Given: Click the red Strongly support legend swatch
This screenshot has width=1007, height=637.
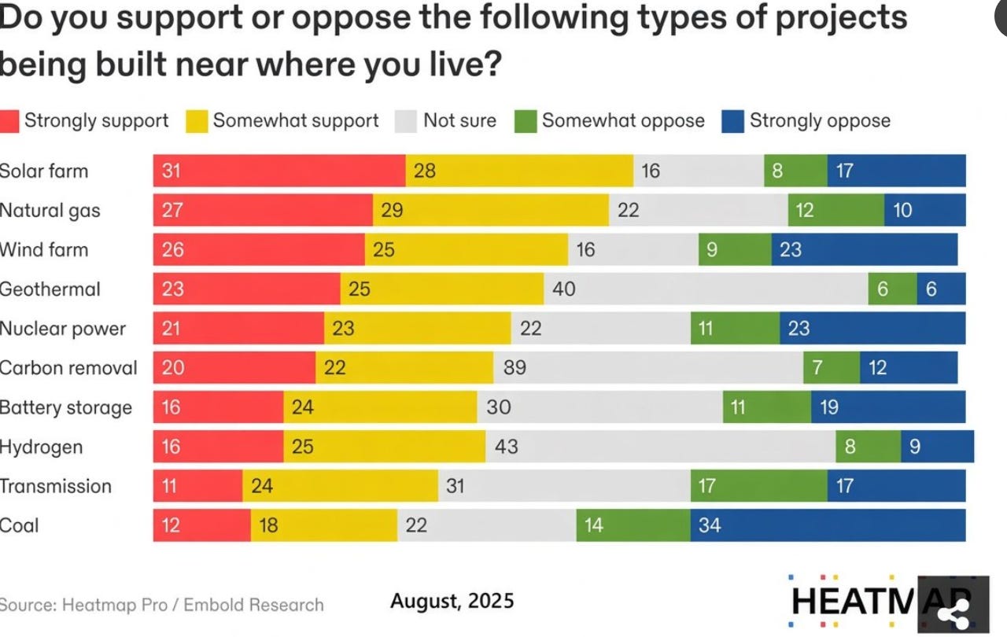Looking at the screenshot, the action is (x=9, y=121).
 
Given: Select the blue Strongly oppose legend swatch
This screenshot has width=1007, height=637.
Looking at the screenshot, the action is (x=732, y=121).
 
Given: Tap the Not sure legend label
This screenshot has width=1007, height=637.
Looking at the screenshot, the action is (x=460, y=120).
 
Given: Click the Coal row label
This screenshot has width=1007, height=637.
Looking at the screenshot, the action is (x=20, y=525).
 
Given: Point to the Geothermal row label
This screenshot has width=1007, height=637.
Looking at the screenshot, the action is (x=50, y=289).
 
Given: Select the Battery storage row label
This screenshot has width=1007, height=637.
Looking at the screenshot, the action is (x=66, y=407).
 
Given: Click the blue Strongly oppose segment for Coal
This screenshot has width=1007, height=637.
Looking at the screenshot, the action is (x=828, y=525).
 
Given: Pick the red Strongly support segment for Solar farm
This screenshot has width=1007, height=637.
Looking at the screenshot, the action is (x=279, y=171).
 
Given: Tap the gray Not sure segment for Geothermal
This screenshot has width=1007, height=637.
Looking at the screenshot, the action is (x=706, y=289).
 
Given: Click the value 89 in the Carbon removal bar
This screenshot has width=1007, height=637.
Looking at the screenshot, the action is (x=515, y=367).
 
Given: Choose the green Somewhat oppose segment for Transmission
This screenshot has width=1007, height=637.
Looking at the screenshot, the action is (x=759, y=485).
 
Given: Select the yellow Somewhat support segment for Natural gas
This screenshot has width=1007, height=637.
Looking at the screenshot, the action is (x=491, y=210).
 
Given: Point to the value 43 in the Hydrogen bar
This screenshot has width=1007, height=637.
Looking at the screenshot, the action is (x=507, y=447).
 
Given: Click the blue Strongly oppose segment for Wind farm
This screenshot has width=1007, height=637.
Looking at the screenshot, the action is (x=865, y=249).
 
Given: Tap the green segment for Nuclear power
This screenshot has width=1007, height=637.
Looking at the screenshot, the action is (x=735, y=329).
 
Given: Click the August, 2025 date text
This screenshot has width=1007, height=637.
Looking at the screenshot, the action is (x=452, y=601).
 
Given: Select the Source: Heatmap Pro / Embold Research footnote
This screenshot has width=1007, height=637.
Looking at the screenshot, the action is (x=161, y=605).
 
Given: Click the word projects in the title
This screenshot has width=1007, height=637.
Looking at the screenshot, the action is (x=841, y=19).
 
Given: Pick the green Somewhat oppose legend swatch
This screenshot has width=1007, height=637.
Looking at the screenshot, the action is (x=526, y=121).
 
